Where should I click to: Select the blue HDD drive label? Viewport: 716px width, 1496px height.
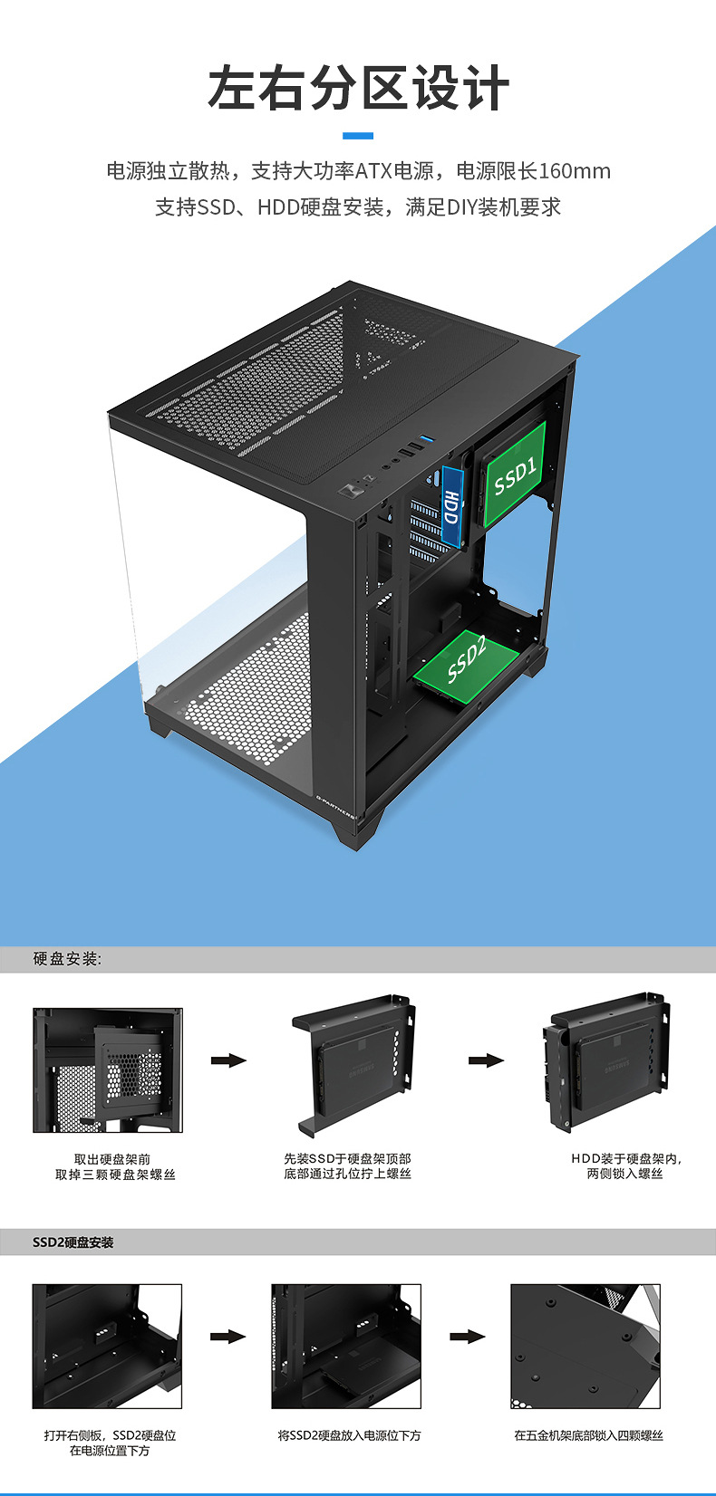click(450, 506)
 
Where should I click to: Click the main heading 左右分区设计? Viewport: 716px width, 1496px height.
click(358, 89)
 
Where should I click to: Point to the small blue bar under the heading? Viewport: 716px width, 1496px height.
click(358, 136)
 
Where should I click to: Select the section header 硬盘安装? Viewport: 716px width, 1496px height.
click(68, 959)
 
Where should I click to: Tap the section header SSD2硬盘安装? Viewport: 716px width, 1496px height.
click(73, 1242)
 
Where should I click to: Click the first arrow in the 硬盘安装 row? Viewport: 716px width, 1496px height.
click(228, 1060)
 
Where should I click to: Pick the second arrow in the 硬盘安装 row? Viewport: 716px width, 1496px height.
click(486, 1060)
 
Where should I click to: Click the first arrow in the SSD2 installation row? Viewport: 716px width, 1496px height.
click(228, 1337)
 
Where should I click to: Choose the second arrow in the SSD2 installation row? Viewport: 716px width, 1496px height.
click(468, 1337)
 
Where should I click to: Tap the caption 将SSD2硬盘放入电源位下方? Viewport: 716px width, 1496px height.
click(349, 1435)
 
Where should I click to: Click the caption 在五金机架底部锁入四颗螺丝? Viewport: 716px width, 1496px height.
click(588, 1435)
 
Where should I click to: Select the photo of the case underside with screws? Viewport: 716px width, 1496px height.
click(585, 1346)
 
